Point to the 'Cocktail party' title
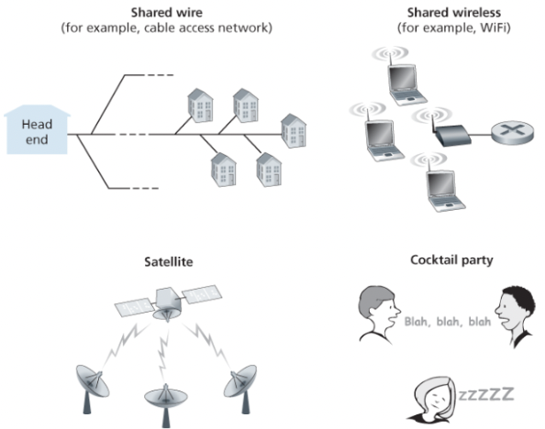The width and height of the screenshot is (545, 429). point(451,260)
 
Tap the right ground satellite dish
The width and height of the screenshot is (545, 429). point(240,381)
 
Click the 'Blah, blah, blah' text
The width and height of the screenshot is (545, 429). point(447,322)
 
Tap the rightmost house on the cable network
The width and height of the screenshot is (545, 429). point(293,130)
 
